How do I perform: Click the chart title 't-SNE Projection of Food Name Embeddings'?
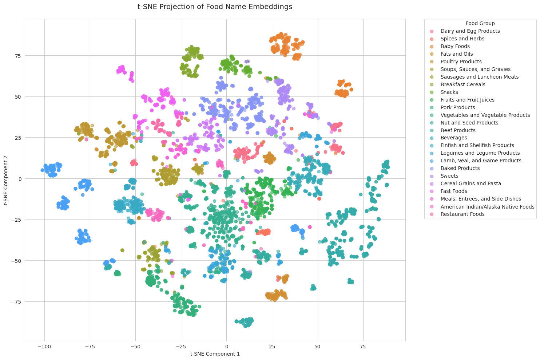[215, 7]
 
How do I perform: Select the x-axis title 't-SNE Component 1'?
[215, 353]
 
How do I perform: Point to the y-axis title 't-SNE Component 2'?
[7, 180]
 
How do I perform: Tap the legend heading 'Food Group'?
[480, 23]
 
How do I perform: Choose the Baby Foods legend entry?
[455, 47]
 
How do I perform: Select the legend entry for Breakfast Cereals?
[462, 84]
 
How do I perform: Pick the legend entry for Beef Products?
[458, 130]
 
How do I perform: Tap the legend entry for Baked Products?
[460, 168]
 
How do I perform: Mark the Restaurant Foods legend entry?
[462, 214]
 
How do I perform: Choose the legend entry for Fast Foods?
[453, 191]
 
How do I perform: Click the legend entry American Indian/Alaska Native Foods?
[487, 206]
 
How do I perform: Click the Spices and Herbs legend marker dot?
[432, 39]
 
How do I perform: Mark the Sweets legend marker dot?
[432, 176]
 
